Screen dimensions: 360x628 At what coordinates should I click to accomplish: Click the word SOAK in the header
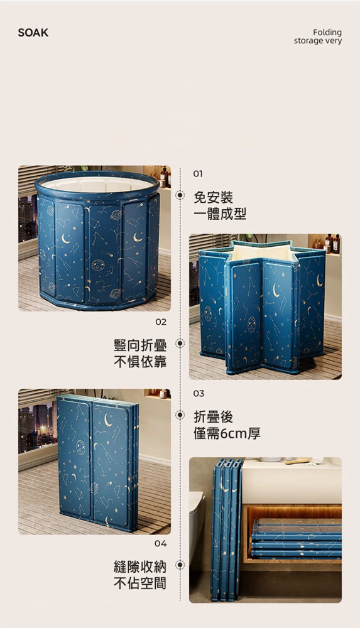pos(33,33)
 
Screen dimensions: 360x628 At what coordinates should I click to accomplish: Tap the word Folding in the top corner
pos(327,33)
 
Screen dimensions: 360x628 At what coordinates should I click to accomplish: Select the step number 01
pos(198,173)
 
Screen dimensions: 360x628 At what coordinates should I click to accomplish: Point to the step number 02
pos(161,322)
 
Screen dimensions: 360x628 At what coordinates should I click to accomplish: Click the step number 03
pos(199,393)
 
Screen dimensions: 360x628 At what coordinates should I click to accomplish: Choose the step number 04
pos(161,543)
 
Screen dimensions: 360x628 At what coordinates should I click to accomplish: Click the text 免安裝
pos(213,197)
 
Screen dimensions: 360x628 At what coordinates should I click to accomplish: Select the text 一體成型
pos(220,214)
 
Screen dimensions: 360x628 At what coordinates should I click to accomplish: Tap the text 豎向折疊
pos(140,345)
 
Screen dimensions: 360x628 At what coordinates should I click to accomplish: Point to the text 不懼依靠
pos(140,362)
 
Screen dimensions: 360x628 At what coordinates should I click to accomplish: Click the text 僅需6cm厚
pos(227,433)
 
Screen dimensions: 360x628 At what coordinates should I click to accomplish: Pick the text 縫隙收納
pos(140,566)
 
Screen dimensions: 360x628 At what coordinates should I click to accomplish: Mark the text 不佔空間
pos(140,583)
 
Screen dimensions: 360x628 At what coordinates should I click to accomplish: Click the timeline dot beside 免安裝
pos(180,195)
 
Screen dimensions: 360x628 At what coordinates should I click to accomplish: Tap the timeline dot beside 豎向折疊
pos(180,344)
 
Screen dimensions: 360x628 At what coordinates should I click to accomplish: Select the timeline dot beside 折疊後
pos(180,415)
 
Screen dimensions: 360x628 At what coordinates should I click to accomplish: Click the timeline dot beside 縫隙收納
pos(180,565)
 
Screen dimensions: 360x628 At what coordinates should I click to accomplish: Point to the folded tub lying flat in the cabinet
pos(297,538)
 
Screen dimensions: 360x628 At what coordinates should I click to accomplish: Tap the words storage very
pos(318,41)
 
